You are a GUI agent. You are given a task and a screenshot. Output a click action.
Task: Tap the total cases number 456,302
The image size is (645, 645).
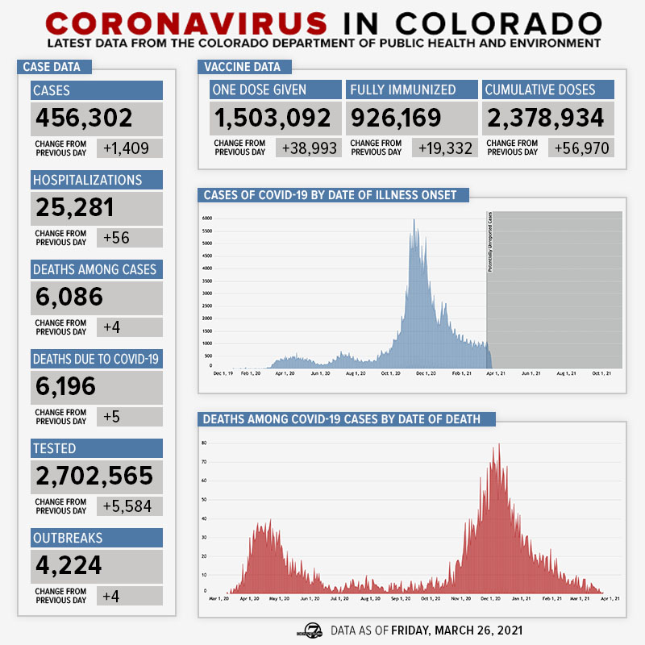pyautogui.click(x=84, y=119)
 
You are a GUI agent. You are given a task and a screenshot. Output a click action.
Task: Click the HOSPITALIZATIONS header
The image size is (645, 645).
pyautogui.click(x=87, y=179)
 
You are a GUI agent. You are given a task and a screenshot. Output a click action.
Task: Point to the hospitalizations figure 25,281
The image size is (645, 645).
pyautogui.click(x=75, y=208)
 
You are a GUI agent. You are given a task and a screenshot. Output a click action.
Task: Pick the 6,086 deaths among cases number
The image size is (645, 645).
pyautogui.click(x=69, y=298)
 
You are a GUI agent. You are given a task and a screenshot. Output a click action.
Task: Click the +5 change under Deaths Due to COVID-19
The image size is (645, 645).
pyautogui.click(x=113, y=416)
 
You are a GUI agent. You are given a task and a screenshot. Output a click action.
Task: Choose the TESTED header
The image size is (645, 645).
pyautogui.click(x=54, y=447)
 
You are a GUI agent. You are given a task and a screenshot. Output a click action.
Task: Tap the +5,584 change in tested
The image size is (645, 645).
pyautogui.click(x=128, y=506)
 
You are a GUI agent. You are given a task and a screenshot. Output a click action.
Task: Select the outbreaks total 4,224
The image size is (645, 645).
pyautogui.click(x=69, y=565)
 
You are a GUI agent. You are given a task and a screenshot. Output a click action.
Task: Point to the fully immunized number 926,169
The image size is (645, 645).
pyautogui.click(x=396, y=119)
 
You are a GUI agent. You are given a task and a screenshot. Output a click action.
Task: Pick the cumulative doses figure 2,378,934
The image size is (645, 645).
pyautogui.click(x=544, y=119)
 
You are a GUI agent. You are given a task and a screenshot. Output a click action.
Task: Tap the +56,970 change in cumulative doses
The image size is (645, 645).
pyautogui.click(x=580, y=148)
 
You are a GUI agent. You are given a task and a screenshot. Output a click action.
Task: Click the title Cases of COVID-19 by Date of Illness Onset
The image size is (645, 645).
pyautogui.click(x=330, y=195)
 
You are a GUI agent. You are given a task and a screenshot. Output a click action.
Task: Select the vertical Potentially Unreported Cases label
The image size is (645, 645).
pyautogui.click(x=490, y=242)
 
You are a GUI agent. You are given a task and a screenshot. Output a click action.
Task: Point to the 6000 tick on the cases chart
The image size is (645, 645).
pyautogui.click(x=206, y=218)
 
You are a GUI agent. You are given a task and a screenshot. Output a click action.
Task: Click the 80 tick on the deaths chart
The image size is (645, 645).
pyautogui.click(x=206, y=443)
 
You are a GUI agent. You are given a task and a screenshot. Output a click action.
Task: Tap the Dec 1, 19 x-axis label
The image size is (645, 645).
pyautogui.click(x=223, y=373)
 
